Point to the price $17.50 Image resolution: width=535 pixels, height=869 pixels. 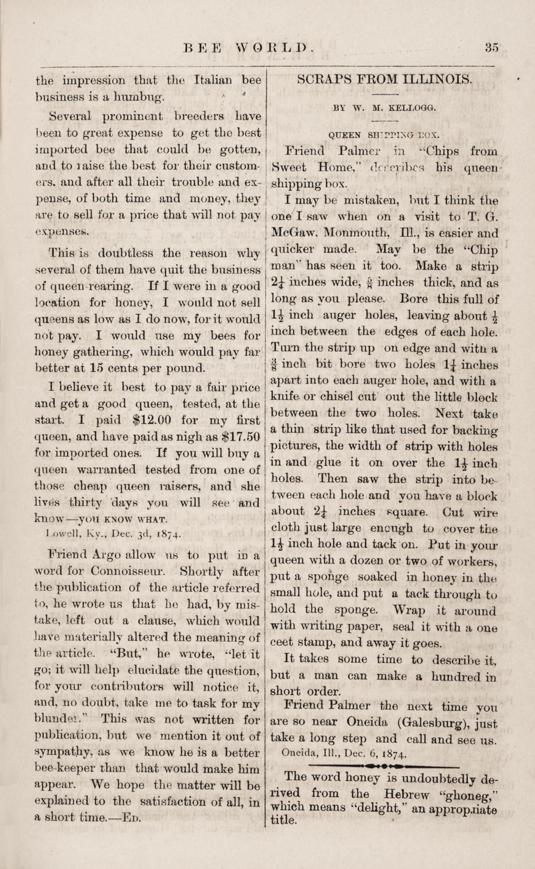point(241,437)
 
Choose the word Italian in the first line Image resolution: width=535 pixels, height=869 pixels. point(213,80)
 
